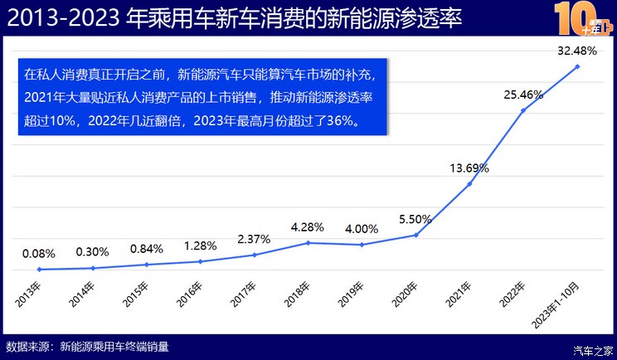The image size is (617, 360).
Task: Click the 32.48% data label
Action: tap(576, 51)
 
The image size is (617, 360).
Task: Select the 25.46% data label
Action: tap(522, 95)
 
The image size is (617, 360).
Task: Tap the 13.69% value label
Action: tap(469, 168)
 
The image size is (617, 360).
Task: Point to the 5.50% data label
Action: tap(415, 220)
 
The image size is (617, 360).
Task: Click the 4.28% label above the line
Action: tap(308, 226)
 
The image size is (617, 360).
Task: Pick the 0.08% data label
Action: tap(39, 254)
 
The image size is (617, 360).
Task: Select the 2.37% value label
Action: tap(254, 239)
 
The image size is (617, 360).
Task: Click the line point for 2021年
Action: tap(469, 183)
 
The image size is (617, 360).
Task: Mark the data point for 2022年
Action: tap(522, 109)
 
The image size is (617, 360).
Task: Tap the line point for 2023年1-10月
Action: tap(576, 66)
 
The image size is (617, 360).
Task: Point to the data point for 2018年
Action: tap(308, 242)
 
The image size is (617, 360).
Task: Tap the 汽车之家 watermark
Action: tap(594, 348)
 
